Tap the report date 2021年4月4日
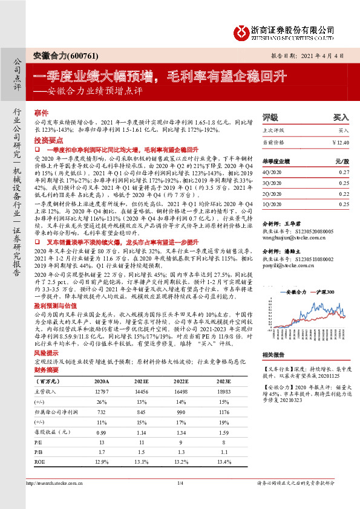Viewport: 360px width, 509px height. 327,55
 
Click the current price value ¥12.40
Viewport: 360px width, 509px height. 341,141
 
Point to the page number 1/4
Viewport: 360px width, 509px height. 180,482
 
